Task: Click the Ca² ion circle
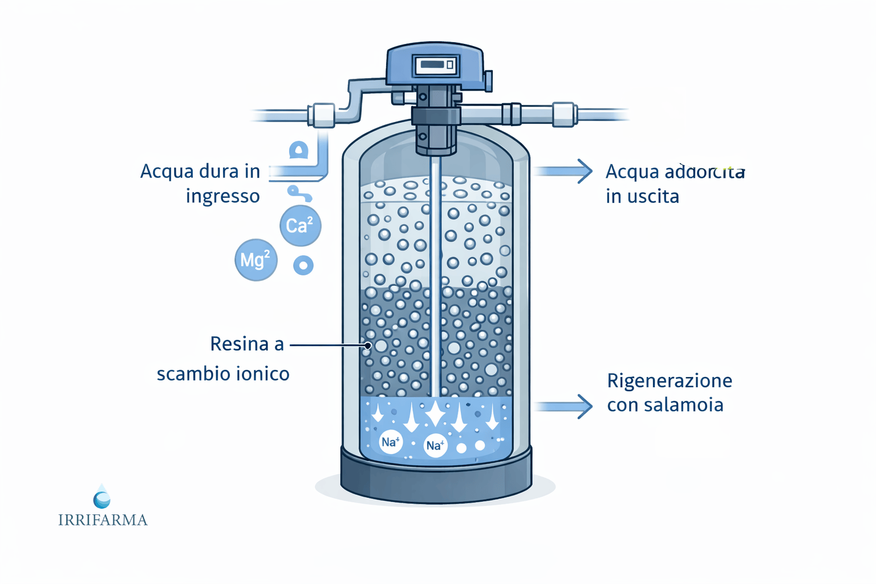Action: coord(300,225)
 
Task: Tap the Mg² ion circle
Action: coord(255,260)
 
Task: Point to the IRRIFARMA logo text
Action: coord(103,520)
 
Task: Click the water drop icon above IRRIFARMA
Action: coord(102,497)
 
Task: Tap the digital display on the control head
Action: coord(435,64)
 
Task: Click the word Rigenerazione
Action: coord(669,380)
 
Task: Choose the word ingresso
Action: coord(222,197)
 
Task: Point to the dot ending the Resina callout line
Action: coord(368,345)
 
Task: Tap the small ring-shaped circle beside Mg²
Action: coord(303,265)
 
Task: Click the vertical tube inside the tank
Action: coord(435,274)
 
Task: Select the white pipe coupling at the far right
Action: coord(563,114)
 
